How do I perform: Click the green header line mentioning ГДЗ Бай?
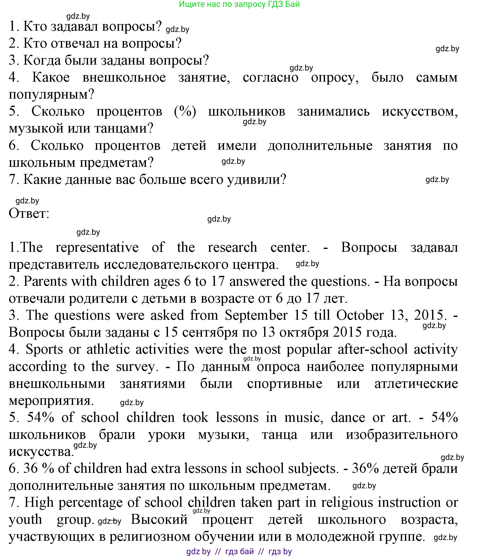point(239,5)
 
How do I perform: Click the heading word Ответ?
point(29,214)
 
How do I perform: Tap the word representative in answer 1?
point(97,247)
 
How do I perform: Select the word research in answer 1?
point(232,247)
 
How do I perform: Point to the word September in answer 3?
point(256,315)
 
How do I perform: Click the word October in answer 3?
point(360,315)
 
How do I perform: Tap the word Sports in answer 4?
point(44,349)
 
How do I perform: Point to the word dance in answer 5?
point(348,418)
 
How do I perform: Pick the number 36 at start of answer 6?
point(30,469)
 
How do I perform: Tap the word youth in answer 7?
point(26,520)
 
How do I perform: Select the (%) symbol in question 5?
point(185,111)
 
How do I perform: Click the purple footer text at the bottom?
point(239,551)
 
